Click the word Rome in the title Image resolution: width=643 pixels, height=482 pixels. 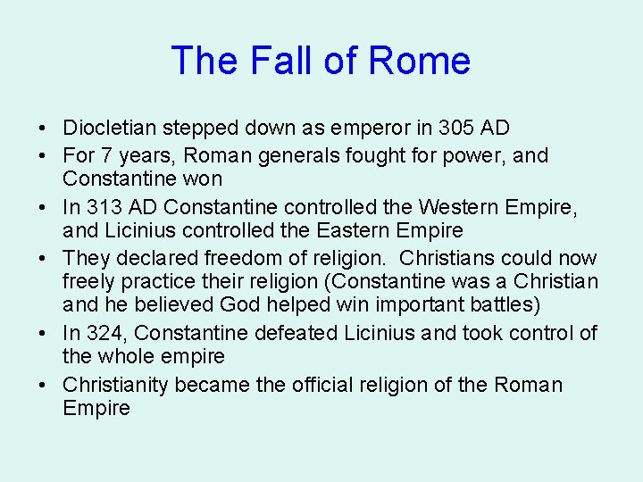tap(419, 61)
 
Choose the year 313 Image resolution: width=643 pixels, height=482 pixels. tap(105, 206)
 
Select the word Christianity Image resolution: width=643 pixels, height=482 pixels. tap(115, 385)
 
